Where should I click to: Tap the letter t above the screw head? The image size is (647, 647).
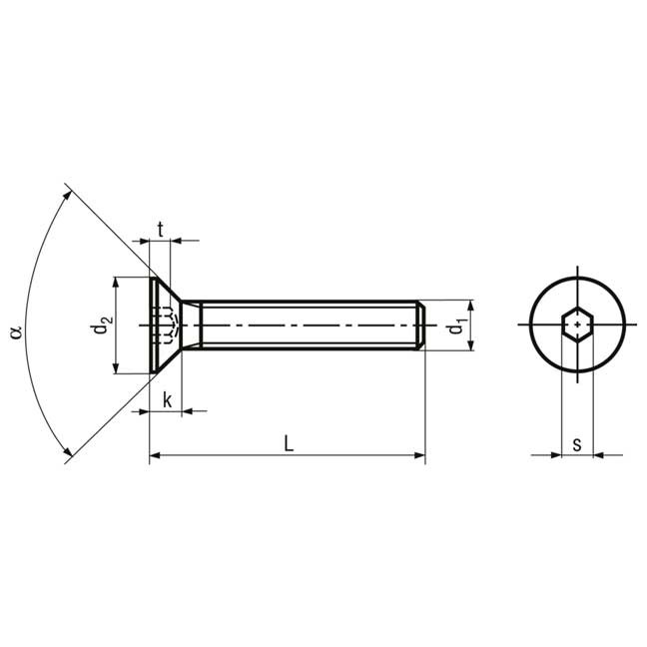tap(160, 227)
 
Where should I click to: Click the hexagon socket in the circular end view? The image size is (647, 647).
tap(577, 324)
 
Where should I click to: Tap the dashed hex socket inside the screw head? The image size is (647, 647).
tap(166, 325)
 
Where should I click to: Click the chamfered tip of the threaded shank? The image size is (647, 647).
tap(421, 325)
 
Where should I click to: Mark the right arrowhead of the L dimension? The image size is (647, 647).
tap(419, 456)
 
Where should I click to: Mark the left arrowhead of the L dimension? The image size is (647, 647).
tap(156, 456)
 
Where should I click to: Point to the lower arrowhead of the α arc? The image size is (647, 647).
tap(67, 455)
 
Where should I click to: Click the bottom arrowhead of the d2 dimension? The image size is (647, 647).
tap(116, 368)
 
